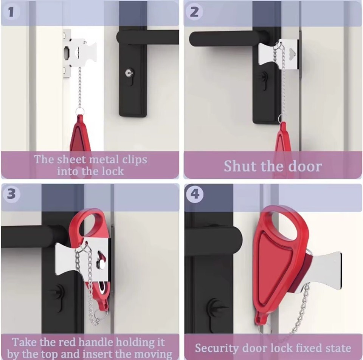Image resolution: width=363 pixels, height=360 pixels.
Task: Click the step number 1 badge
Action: (x=11, y=12)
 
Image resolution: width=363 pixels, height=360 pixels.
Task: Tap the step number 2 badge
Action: (x=194, y=12)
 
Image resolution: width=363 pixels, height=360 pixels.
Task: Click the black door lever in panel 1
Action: (x=147, y=37)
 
